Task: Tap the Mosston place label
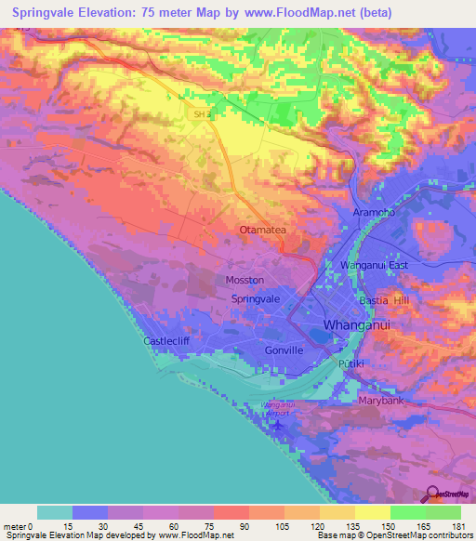point(245,279)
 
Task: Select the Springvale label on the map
point(256,299)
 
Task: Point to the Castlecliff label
point(167,341)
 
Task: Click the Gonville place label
point(284,350)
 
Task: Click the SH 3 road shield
point(202,113)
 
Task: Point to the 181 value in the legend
point(457,527)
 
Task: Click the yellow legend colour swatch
point(373,512)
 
